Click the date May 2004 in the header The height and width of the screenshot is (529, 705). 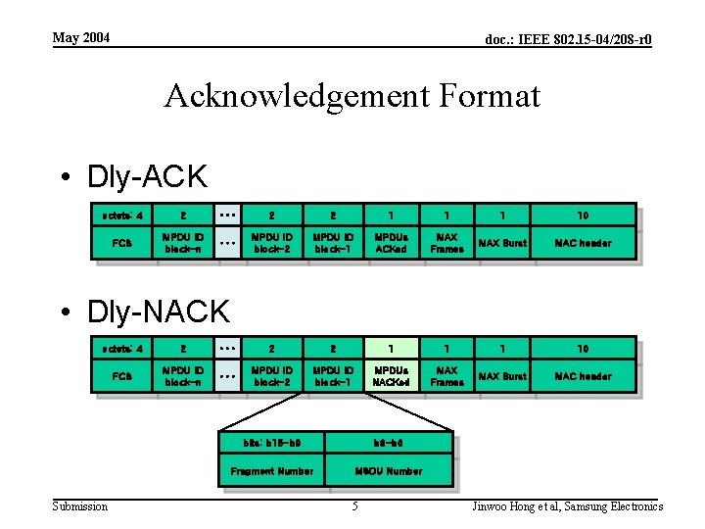click(x=81, y=37)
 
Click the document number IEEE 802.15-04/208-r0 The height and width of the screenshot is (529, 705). click(x=568, y=39)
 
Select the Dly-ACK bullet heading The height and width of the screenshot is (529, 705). click(x=147, y=177)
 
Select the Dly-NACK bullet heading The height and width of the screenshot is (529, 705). click(x=158, y=312)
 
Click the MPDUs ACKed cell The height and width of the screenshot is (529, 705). click(x=390, y=243)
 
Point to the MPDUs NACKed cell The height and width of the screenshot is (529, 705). click(x=390, y=376)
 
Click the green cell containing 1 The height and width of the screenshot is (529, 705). click(x=390, y=348)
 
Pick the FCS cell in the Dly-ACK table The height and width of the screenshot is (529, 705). click(x=122, y=243)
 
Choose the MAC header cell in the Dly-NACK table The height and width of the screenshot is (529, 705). click(x=583, y=376)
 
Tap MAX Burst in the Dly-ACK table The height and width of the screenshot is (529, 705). click(x=502, y=243)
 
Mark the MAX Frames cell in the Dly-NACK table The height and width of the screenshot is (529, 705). click(x=446, y=376)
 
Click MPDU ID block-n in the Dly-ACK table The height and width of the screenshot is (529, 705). click(x=184, y=243)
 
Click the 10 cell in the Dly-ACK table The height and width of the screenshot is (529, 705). click(x=583, y=215)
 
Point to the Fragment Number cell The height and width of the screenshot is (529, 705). click(x=271, y=471)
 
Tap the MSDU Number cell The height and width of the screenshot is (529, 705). click(x=389, y=471)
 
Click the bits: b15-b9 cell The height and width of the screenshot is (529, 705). click(x=271, y=444)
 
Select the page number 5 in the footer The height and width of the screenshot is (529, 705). click(x=354, y=506)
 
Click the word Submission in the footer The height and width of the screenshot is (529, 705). click(x=80, y=506)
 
